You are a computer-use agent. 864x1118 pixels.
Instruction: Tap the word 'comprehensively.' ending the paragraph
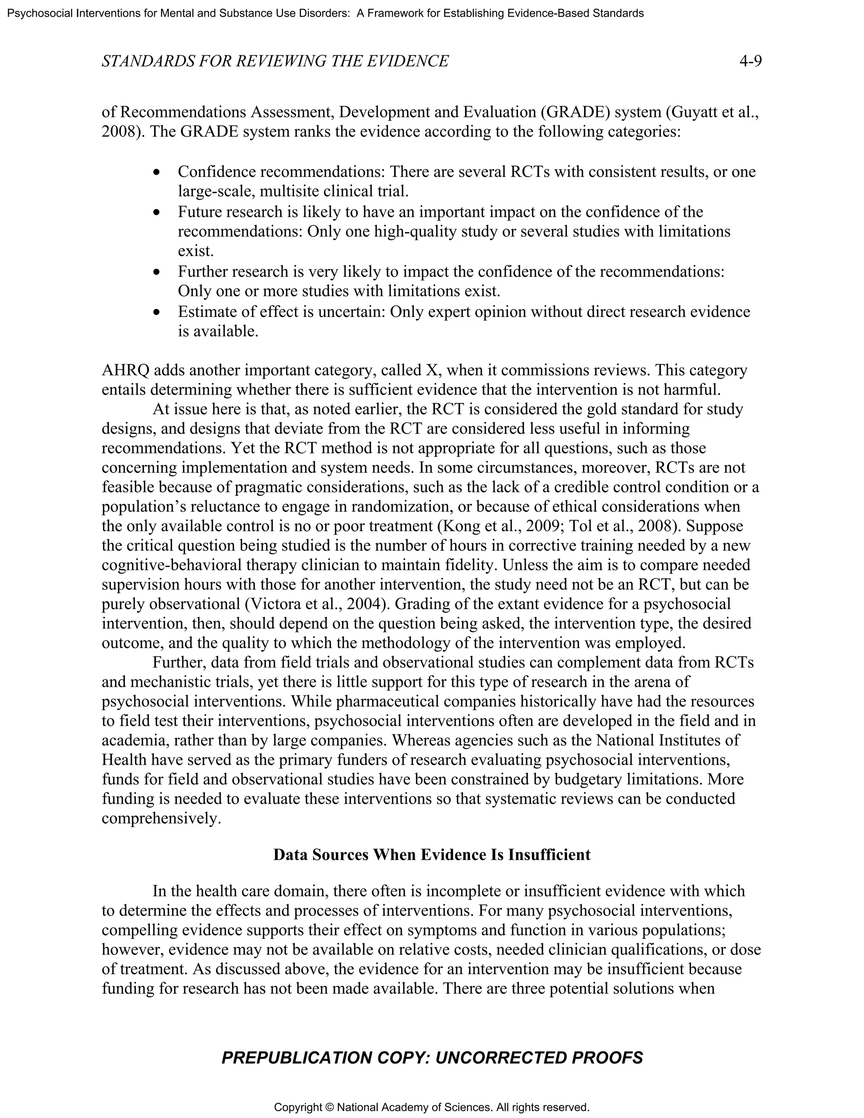(x=161, y=818)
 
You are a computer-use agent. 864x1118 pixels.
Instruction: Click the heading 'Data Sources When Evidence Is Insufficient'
(x=432, y=855)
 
